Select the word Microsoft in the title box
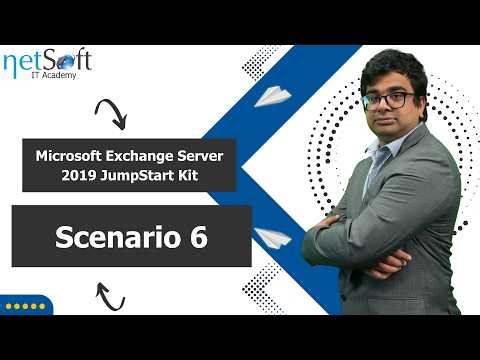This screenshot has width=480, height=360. click(x=71, y=157)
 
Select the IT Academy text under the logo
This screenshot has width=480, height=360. click(x=54, y=77)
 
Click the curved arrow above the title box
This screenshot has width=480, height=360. click(x=110, y=113)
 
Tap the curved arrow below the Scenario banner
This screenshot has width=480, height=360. click(x=110, y=295)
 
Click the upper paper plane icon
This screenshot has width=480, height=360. click(x=272, y=95)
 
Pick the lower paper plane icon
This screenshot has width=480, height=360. click(x=272, y=238)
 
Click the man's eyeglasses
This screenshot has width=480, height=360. click(x=397, y=100)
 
